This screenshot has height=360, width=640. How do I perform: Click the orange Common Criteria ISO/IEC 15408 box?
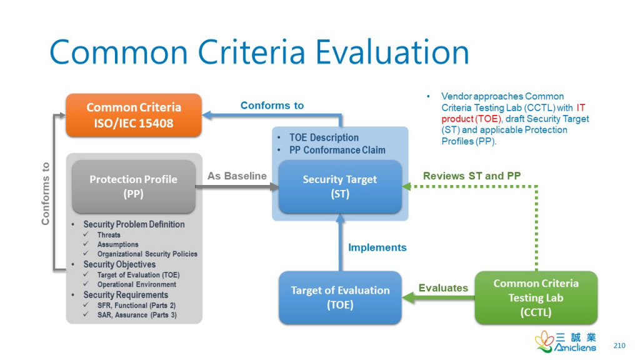(134, 115)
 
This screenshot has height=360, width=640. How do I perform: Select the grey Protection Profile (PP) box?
(134, 186)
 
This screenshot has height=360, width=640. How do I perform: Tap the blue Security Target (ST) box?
(340, 186)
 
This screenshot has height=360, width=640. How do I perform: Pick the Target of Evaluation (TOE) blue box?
(340, 297)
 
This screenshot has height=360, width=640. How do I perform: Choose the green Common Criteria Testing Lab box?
(536, 297)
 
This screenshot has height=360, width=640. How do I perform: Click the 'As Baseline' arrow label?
(237, 176)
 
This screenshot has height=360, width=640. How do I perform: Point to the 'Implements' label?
(377, 247)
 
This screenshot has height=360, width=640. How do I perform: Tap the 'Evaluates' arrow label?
(443, 287)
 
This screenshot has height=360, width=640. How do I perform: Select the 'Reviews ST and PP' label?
(472, 176)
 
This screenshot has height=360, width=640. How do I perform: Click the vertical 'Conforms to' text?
(45, 194)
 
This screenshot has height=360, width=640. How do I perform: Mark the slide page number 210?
(619, 346)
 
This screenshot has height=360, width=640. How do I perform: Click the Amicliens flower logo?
(544, 341)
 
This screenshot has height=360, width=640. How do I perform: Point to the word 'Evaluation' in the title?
(392, 52)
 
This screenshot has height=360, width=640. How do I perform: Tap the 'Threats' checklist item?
(109, 235)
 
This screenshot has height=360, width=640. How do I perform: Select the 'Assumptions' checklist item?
(117, 244)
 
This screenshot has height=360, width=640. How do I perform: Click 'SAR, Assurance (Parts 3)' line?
(137, 315)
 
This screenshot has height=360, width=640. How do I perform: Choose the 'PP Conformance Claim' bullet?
(337, 150)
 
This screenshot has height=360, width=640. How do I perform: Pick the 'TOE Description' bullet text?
(324, 137)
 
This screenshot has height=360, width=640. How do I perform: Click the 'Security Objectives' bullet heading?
(119, 264)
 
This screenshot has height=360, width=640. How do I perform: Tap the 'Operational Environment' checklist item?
(137, 284)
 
